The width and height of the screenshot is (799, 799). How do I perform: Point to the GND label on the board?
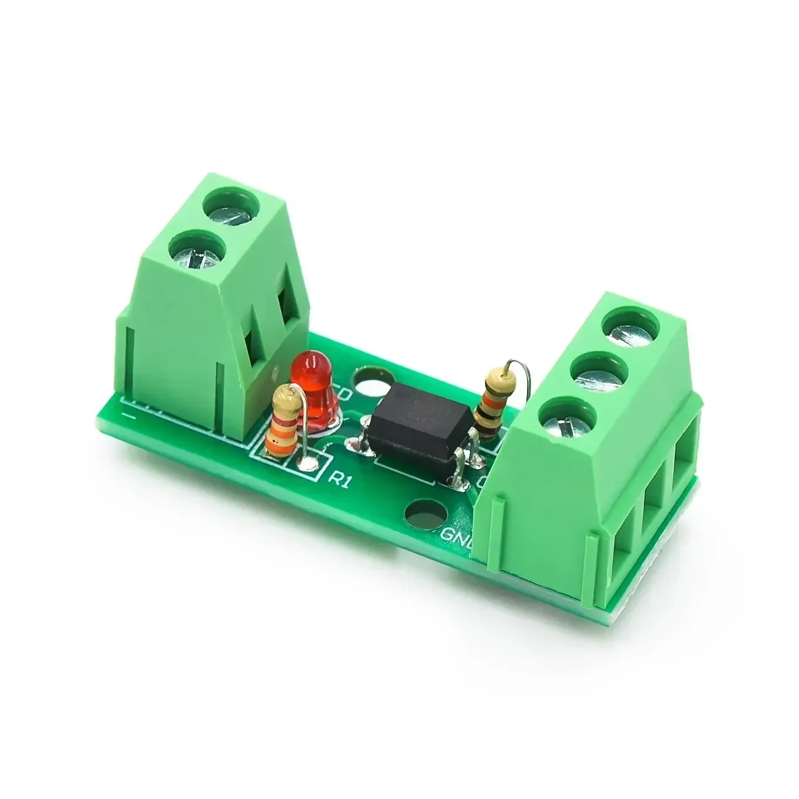coord(457,534)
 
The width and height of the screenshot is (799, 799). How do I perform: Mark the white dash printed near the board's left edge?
coord(130,415)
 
